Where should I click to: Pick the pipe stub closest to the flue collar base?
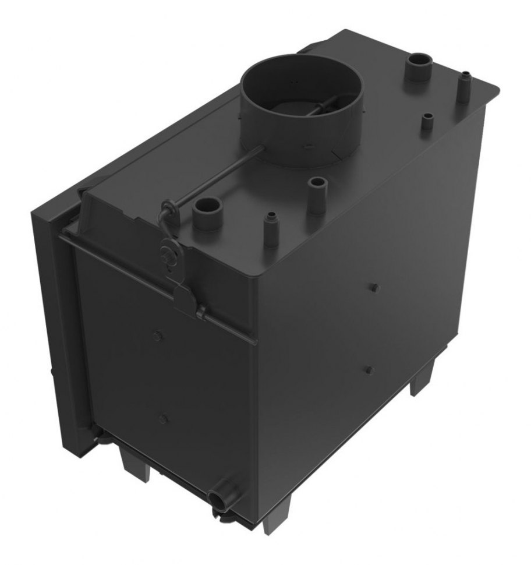[x=317, y=192]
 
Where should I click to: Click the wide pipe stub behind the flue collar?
[x=418, y=68]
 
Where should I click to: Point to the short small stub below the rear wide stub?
[x=427, y=122]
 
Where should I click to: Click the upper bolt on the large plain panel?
[x=373, y=287]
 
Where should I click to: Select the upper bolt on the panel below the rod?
[x=157, y=335]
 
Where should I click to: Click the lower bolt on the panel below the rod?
[x=164, y=418]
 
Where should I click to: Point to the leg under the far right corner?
[x=422, y=379]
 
